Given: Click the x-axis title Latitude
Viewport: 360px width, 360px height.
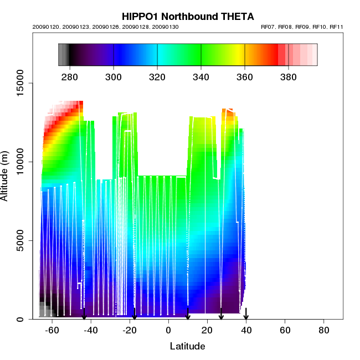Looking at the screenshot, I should pos(187,347).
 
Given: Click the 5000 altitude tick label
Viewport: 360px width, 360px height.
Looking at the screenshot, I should pos(22,240).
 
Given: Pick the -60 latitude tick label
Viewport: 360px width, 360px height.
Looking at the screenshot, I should pos(52,330).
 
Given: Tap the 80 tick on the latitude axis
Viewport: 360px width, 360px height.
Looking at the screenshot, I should pos(324,330).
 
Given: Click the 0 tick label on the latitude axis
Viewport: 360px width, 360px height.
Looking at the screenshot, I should pos(168,330).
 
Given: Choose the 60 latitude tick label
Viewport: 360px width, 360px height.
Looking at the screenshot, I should pos(285,330).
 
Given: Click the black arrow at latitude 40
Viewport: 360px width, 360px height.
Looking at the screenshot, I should pos(246,314).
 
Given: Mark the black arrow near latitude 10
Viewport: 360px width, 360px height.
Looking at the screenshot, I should pos(188,314).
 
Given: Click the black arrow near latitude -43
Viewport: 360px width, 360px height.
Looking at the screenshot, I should pos(84,314).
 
